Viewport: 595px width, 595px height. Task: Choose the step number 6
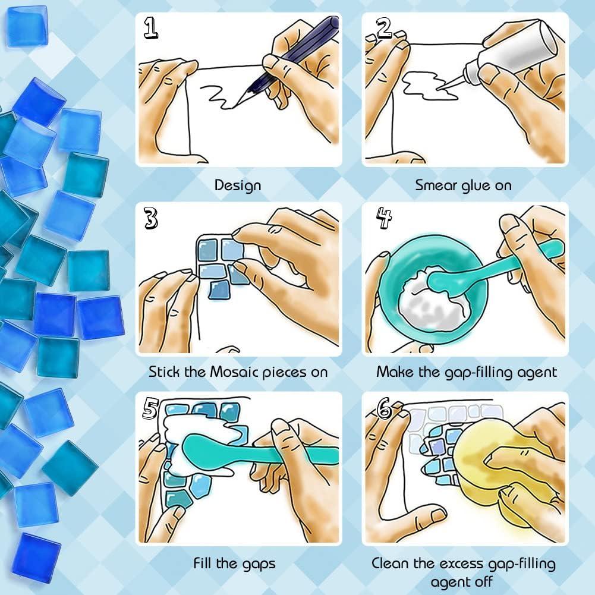click(x=385, y=408)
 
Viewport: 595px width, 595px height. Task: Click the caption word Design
click(x=238, y=185)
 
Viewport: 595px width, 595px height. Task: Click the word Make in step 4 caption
click(x=394, y=373)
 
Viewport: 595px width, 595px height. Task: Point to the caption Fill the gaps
click(x=234, y=562)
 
